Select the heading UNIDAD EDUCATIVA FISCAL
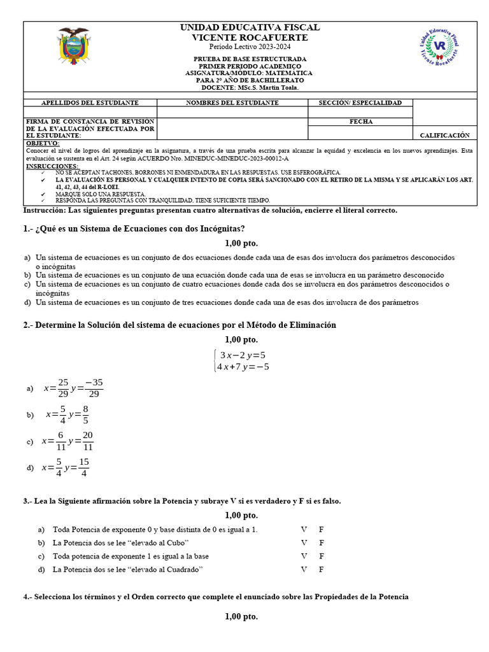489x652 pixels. [250, 27]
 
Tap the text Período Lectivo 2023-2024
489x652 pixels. [250, 48]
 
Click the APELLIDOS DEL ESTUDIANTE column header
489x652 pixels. [90, 103]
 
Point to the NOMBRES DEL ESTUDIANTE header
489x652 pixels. [232, 103]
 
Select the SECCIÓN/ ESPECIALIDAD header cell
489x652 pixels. [360, 103]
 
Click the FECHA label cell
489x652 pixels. [360, 122]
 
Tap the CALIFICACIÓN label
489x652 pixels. [444, 135]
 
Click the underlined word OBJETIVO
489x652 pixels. [42, 143]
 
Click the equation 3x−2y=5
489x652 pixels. [242, 355]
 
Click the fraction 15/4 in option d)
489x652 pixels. [84, 467]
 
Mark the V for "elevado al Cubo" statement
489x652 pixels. [304, 542]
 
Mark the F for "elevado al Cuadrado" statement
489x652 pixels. [322, 569]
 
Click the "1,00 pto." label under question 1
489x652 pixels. [241, 243]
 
